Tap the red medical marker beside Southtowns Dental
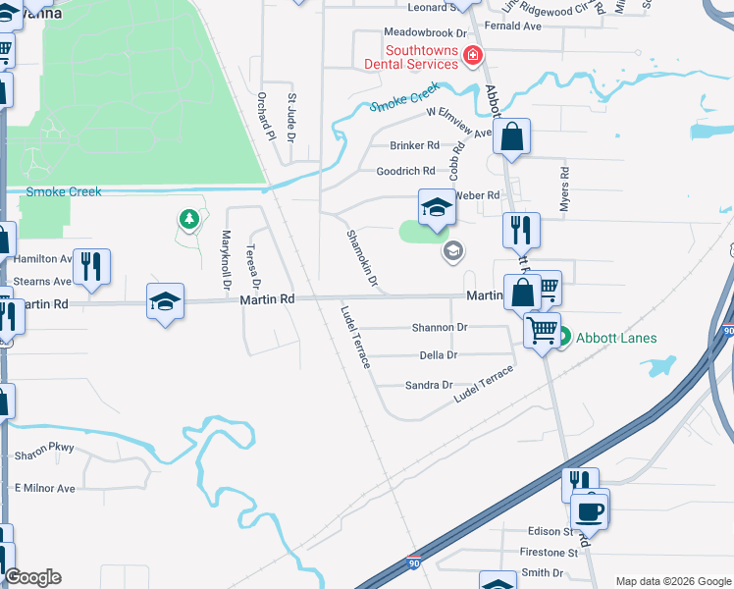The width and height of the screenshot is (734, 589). tap(473, 55)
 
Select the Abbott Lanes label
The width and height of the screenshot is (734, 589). tap(616, 338)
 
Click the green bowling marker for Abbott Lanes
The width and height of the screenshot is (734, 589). tap(563, 338)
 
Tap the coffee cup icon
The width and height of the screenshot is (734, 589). tap(591, 510)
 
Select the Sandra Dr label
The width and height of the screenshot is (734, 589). tap(429, 386)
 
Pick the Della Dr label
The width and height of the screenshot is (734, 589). tap(439, 355)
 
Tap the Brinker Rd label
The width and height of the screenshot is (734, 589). tap(415, 145)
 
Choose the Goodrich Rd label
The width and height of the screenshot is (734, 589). tap(405, 171)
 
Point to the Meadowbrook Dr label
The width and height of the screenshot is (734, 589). tap(423, 32)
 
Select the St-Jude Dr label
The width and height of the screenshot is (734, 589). tap(291, 116)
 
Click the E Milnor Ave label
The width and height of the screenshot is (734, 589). tap(44, 488)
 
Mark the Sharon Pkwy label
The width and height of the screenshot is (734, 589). tap(44, 456)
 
